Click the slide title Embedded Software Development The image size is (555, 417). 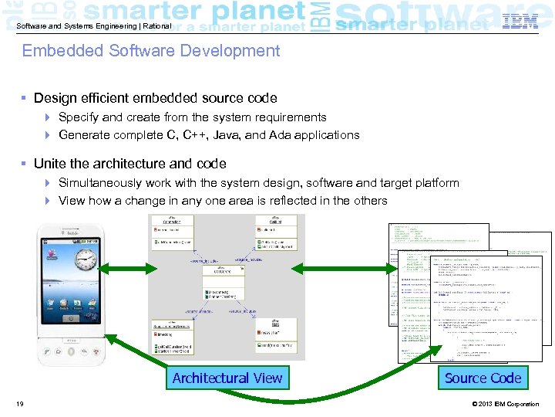coord(151,51)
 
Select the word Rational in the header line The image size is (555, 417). coord(157,25)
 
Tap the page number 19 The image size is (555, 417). coord(19,404)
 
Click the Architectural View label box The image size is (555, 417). coord(227,378)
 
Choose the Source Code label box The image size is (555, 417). coord(483,378)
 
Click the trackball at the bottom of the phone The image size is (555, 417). coord(72,351)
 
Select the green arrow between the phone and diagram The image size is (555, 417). coord(126,268)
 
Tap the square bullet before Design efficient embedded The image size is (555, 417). coord(25,99)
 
